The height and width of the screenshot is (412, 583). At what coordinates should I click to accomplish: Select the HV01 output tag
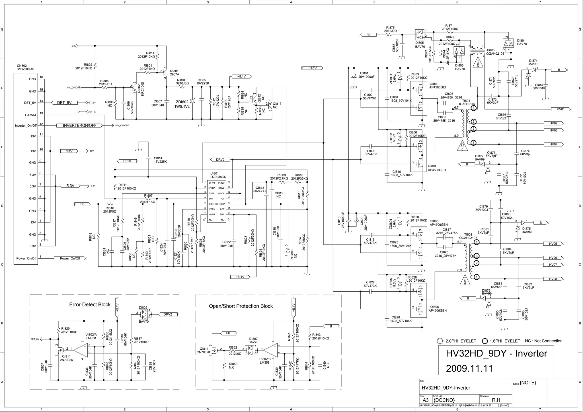tap(559, 109)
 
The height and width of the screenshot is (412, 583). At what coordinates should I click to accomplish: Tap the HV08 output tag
tap(553, 279)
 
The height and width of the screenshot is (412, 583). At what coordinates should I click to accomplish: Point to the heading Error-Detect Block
tap(90, 304)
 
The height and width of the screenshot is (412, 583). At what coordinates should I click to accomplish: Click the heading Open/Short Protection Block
tap(241, 306)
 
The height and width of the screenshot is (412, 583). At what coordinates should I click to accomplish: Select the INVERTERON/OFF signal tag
tap(79, 125)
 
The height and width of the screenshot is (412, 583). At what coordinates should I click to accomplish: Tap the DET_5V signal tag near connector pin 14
tap(64, 103)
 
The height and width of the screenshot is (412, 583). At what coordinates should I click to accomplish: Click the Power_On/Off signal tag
tap(70, 258)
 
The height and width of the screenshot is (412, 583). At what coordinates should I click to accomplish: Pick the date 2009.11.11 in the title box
tap(469, 368)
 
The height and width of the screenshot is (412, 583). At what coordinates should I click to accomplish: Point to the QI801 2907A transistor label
tap(174, 73)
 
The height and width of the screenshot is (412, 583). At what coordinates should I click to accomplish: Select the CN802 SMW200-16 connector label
tap(26, 67)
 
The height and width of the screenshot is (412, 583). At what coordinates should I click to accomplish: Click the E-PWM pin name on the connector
tap(30, 115)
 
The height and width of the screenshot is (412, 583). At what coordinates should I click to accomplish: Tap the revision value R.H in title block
tap(496, 400)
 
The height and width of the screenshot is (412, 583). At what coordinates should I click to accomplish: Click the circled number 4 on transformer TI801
tap(473, 108)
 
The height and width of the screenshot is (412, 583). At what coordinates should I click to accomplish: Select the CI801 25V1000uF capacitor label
tap(367, 75)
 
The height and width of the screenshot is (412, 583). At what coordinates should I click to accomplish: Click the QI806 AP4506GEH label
tap(438, 309)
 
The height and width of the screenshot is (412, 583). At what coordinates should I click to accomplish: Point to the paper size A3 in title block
tap(426, 400)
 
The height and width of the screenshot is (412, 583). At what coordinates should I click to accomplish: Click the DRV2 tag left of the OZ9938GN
tap(220, 160)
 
